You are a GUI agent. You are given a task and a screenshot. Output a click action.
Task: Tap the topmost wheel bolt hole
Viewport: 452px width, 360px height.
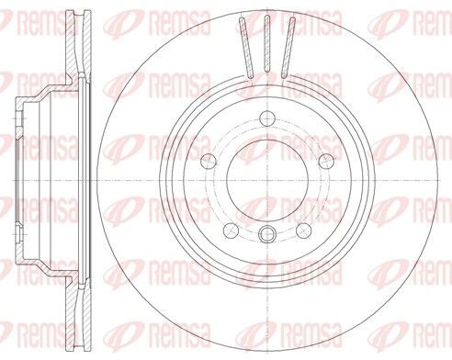coord(267,118)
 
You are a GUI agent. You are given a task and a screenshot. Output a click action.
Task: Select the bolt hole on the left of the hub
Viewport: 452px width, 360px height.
coord(209,162)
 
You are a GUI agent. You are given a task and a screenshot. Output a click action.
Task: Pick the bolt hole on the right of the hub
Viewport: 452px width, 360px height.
coord(326,162)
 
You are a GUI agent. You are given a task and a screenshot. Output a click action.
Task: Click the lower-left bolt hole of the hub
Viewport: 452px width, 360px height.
coord(231,231)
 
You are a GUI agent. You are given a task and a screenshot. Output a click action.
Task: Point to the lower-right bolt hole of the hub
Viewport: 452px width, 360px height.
coord(304,231)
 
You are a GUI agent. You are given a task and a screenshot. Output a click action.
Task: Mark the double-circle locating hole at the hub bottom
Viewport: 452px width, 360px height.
coord(267,234)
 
